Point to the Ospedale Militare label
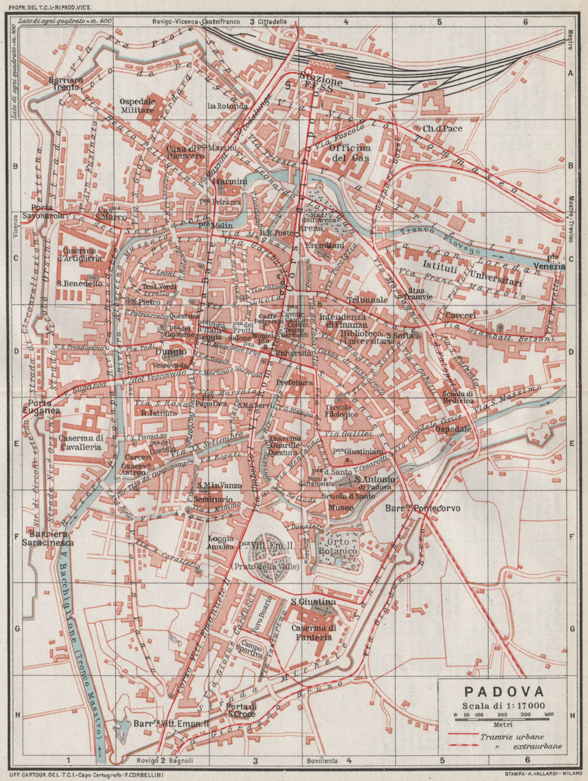point(138,105)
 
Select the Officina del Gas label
point(350,152)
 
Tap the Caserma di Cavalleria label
point(80,442)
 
